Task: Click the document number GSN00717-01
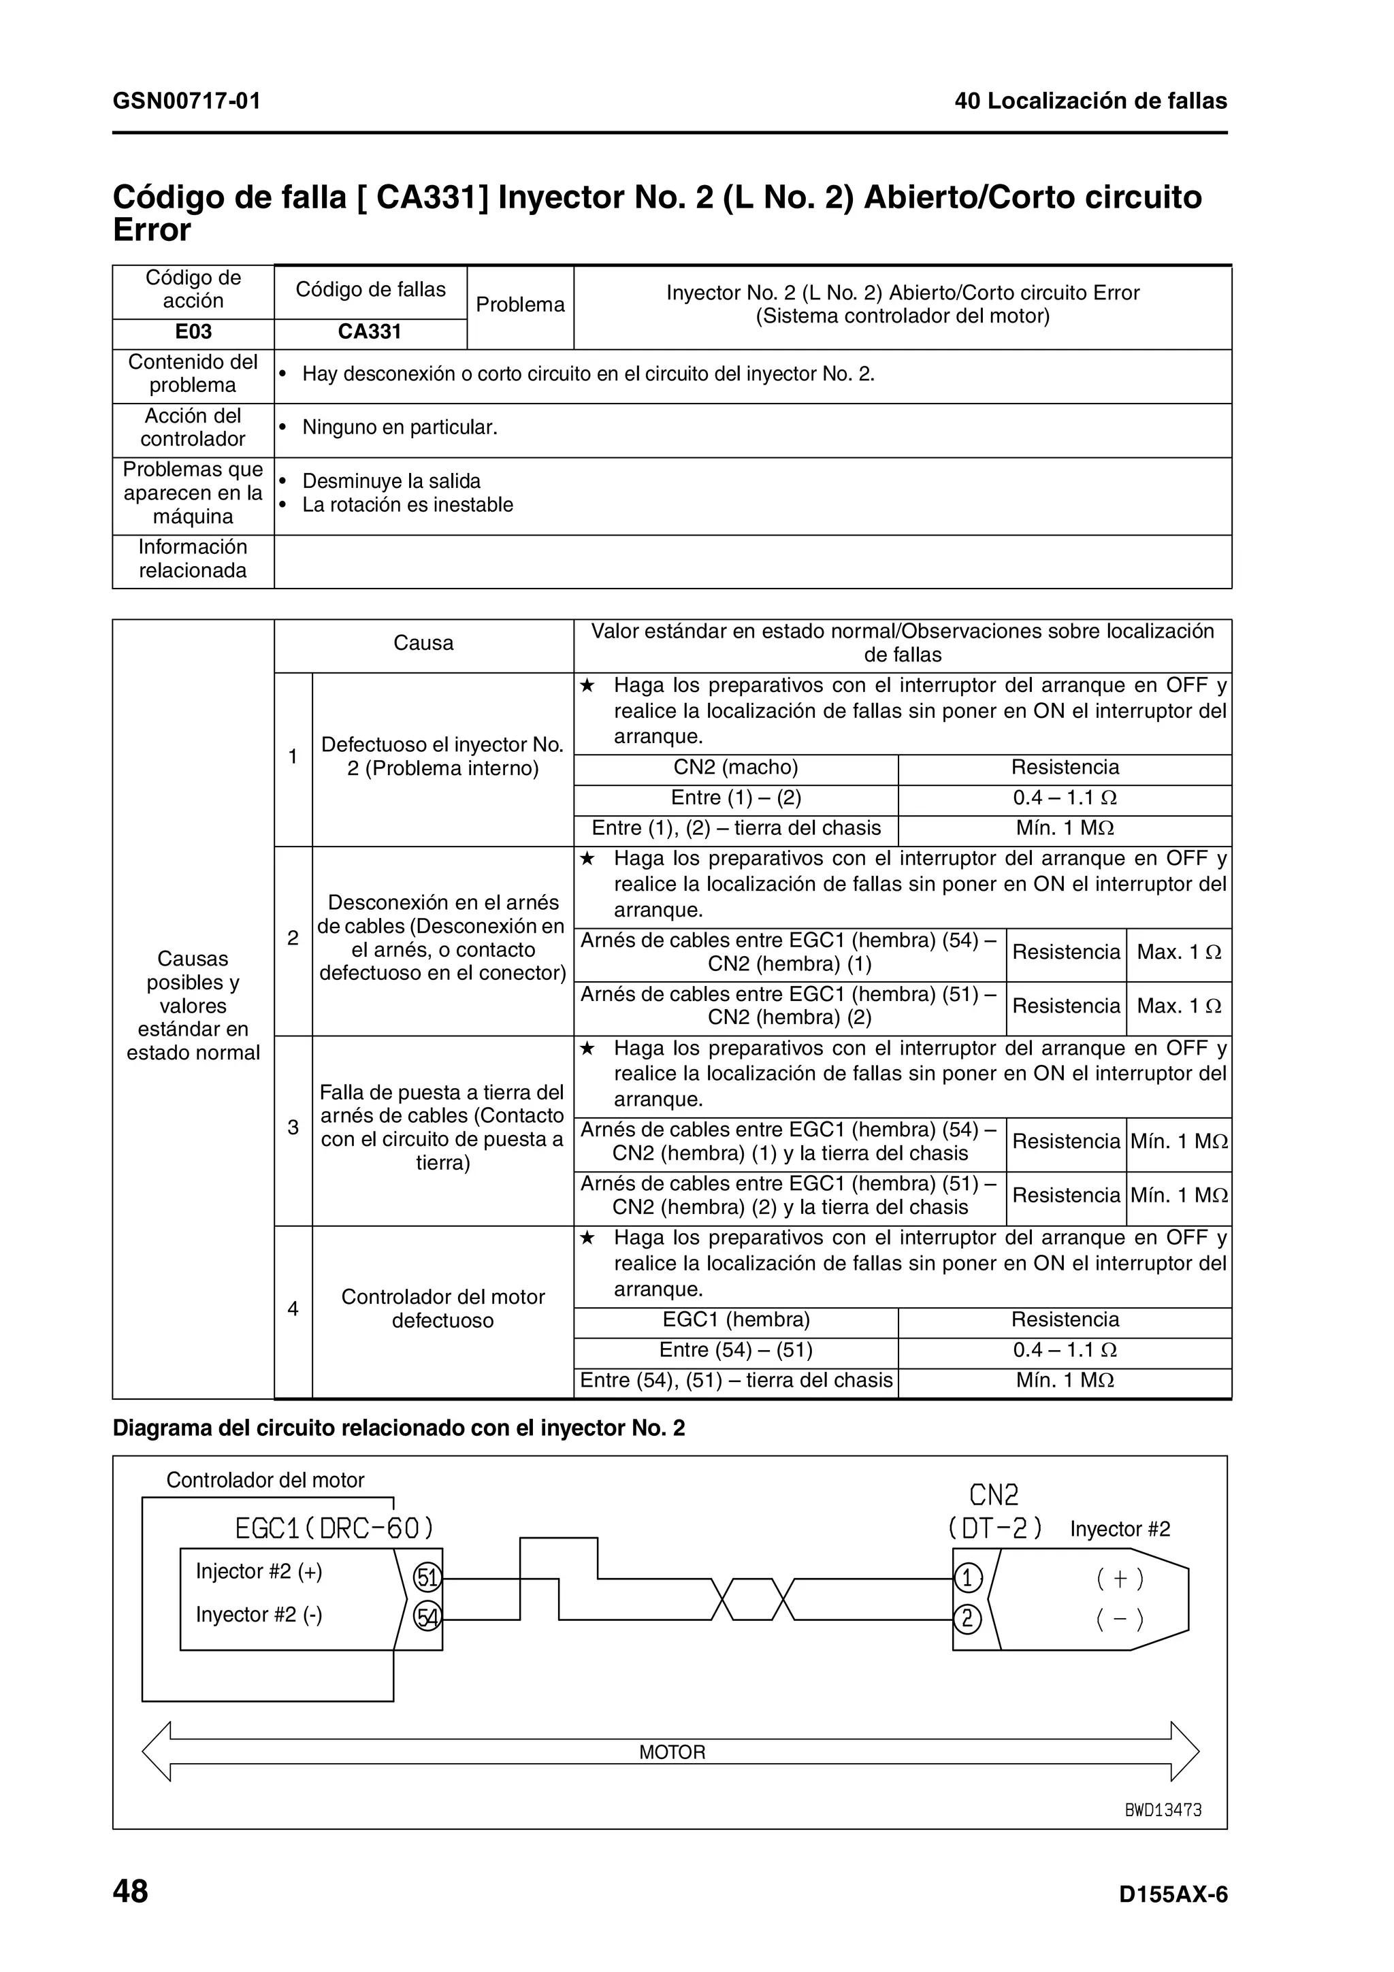point(187,101)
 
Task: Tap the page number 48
point(131,1891)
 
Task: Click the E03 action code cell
point(193,332)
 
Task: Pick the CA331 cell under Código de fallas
point(370,332)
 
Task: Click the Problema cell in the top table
point(519,305)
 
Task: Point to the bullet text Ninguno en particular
point(400,428)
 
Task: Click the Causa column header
point(423,643)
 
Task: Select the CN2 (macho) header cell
point(735,767)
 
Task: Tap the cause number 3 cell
point(293,1128)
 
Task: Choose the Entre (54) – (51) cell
point(735,1349)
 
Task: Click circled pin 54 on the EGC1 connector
point(427,1618)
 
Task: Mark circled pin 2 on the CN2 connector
point(968,1619)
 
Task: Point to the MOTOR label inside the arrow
point(672,1752)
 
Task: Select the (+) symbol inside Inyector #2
point(1120,1579)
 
